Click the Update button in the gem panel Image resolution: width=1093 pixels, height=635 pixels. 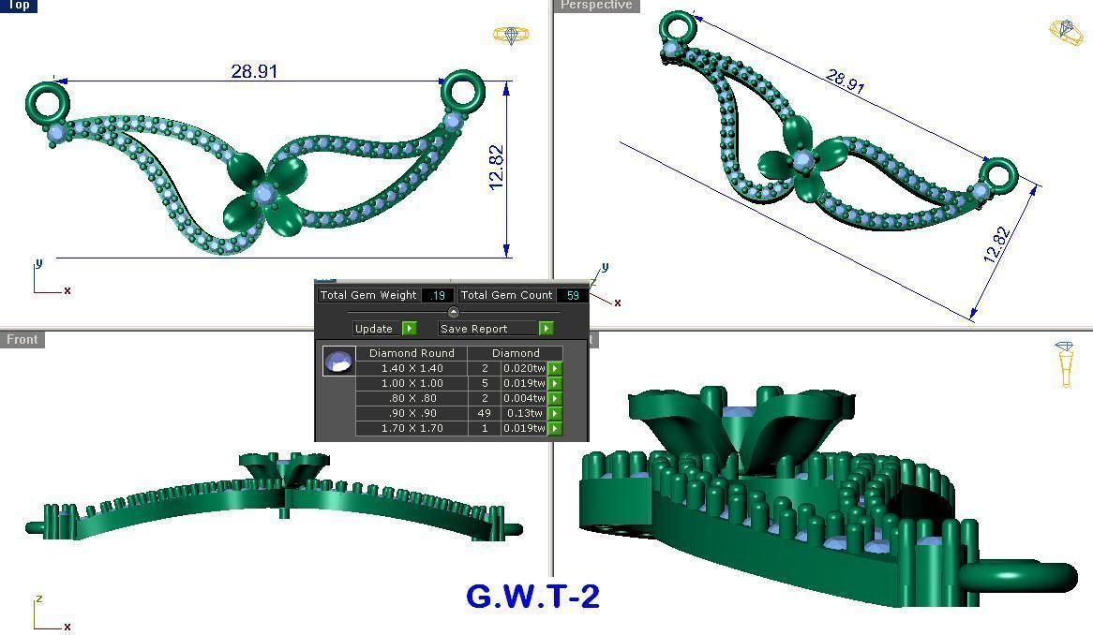[x=374, y=329]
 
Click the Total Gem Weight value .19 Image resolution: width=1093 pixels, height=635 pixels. [x=437, y=295]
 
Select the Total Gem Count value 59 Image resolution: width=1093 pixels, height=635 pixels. [x=572, y=295]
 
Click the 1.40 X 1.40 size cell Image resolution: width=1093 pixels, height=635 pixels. [x=412, y=368]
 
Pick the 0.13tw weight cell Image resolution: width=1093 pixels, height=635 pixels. [x=523, y=413]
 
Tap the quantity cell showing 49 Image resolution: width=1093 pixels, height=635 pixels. [x=485, y=413]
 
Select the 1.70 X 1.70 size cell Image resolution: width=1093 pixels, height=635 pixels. [x=412, y=428]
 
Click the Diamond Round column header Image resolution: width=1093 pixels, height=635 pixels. [x=412, y=353]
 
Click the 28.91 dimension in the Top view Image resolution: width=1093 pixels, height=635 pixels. [x=254, y=71]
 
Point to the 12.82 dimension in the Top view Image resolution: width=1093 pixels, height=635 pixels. [x=497, y=168]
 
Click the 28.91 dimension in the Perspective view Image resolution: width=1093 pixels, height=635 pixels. [x=845, y=81]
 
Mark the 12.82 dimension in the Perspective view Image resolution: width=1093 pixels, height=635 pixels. [x=998, y=244]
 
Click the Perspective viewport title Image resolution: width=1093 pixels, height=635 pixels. [x=595, y=6]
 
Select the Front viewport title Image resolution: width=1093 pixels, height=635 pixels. [x=22, y=339]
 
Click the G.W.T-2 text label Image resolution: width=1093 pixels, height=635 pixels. [x=532, y=597]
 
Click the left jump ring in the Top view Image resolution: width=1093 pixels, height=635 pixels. [x=44, y=100]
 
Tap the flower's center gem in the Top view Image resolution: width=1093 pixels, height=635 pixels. [x=263, y=194]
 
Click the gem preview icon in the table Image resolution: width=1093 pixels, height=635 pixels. [x=338, y=362]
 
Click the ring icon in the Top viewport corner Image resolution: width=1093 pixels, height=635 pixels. [x=511, y=36]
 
